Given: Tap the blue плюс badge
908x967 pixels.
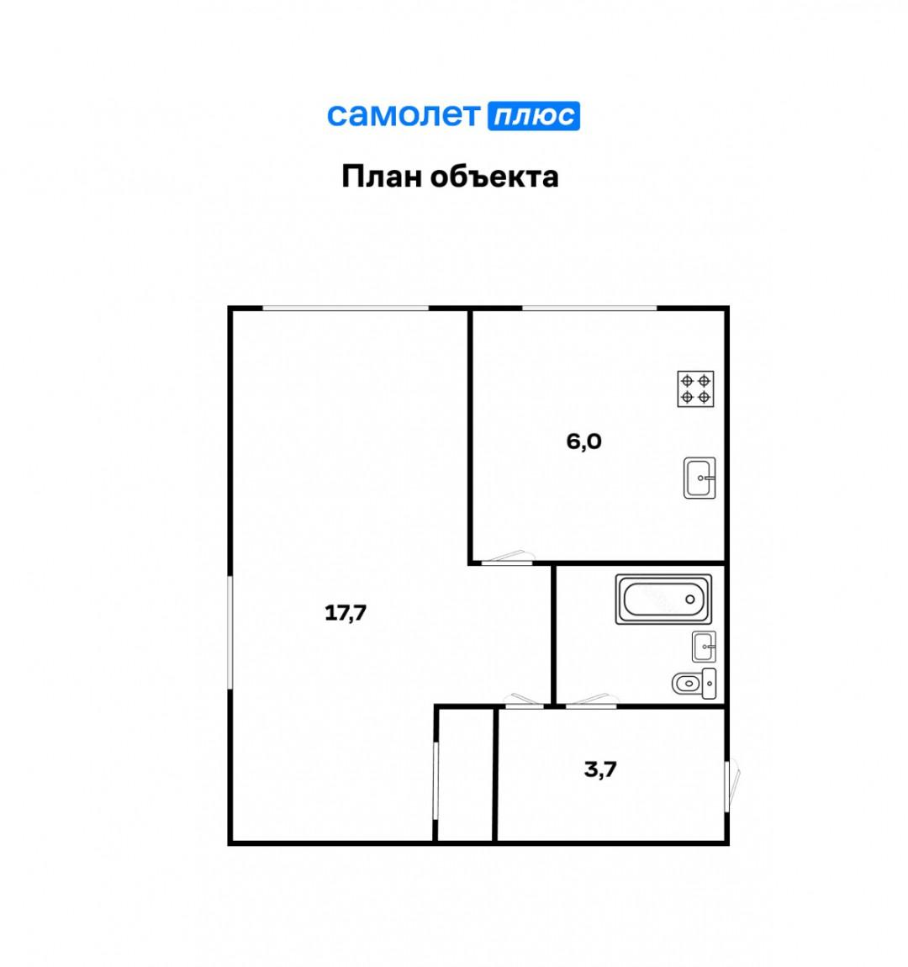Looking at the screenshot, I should (x=534, y=115).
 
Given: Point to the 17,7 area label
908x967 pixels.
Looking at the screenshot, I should (x=346, y=613).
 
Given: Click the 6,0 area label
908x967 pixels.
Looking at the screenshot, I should (x=583, y=441).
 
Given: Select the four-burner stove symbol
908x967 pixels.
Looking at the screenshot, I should (x=696, y=388).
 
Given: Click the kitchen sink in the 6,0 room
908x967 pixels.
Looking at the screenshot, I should (x=699, y=478).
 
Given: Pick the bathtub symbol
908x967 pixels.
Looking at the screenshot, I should (x=663, y=599).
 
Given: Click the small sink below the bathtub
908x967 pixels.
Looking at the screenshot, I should (x=704, y=647).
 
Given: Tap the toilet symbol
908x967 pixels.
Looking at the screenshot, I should (x=694, y=684).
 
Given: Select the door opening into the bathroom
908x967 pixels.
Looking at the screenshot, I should (x=591, y=700).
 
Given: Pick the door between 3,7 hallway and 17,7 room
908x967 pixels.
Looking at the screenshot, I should (x=521, y=700).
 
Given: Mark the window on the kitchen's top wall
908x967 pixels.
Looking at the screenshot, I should (x=589, y=309).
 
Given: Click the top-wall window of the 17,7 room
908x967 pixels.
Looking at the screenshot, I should (x=346, y=309).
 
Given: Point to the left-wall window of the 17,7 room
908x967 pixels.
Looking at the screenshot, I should (x=230, y=631).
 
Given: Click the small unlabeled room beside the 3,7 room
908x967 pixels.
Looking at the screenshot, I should (x=465, y=774).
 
